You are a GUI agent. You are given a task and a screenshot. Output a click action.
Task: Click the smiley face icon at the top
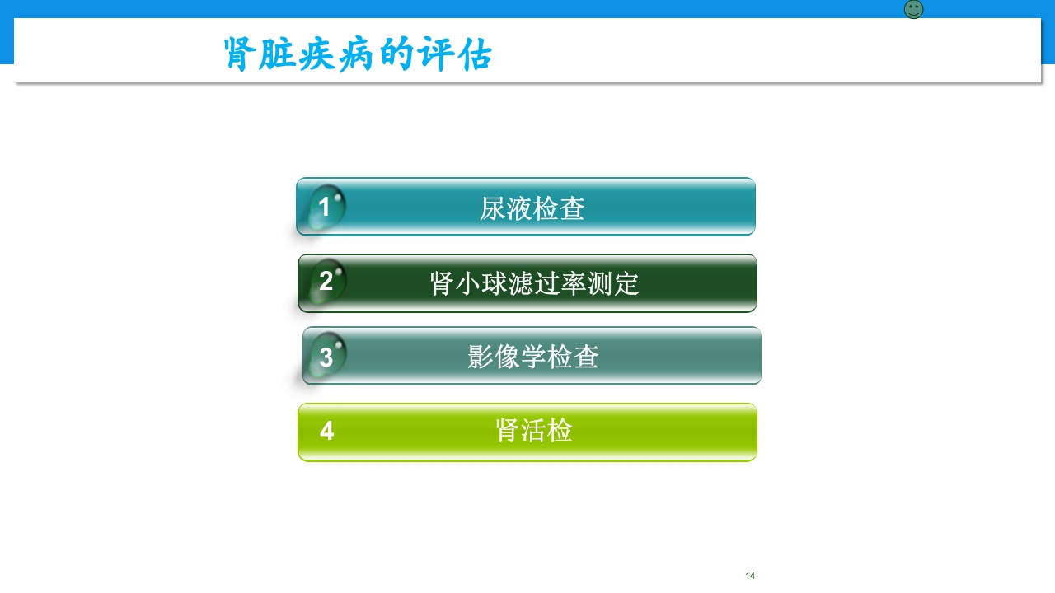coord(913,10)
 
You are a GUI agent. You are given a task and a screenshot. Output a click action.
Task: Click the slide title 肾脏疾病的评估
coord(359,54)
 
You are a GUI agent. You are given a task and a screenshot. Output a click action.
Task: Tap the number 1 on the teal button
coord(325,207)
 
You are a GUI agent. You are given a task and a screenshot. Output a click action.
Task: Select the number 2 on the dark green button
coord(326,282)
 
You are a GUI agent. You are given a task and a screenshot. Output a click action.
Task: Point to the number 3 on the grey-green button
coord(326,357)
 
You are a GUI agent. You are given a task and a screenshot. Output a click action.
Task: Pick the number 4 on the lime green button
coord(326,431)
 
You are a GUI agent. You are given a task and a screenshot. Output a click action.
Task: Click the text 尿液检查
coord(532,208)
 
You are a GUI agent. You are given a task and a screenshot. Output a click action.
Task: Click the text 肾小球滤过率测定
coord(534,283)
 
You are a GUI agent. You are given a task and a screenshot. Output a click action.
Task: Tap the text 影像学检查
coord(532,357)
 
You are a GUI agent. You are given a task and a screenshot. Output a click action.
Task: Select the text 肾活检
coord(534,430)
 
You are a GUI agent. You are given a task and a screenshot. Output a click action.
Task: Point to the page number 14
coord(750,576)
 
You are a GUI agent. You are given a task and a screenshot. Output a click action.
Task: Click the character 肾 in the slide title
coord(238,54)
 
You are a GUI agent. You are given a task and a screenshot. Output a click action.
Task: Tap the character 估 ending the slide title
coord(477,54)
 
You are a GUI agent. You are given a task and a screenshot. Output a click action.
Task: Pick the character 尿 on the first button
coord(492,208)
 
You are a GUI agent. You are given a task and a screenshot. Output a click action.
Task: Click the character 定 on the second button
coord(627,283)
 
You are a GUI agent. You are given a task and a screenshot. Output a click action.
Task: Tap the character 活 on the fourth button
coord(534,430)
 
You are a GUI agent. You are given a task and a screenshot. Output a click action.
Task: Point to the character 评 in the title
coord(437,54)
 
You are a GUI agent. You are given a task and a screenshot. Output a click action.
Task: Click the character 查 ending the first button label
coord(572,208)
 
